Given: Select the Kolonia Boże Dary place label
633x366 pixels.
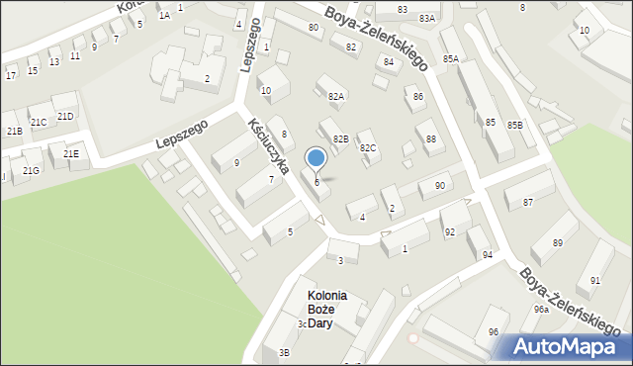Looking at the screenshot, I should [x=327, y=309].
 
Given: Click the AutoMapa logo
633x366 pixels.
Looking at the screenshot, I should [x=567, y=346].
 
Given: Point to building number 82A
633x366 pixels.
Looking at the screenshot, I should [x=336, y=96].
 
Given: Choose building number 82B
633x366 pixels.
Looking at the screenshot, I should [x=340, y=138].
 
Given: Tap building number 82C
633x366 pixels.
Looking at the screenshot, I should [x=368, y=147].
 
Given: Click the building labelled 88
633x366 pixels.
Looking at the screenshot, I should [x=430, y=139].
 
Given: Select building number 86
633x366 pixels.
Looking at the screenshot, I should [x=418, y=96].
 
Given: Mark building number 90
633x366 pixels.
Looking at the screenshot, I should [x=439, y=186].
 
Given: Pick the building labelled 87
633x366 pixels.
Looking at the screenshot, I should [x=528, y=202].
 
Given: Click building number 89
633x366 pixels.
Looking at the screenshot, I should [x=558, y=242].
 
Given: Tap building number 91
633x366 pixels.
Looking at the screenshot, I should [x=594, y=280].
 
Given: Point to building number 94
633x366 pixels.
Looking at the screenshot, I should [x=488, y=254].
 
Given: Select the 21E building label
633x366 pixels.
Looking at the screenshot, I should [x=71, y=154].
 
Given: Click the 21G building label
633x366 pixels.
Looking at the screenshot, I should [x=32, y=171].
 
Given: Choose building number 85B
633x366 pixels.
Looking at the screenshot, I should [x=514, y=126].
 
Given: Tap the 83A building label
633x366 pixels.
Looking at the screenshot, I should [x=426, y=18].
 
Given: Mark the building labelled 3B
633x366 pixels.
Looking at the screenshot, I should [x=285, y=352].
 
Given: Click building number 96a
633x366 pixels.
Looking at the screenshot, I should [x=541, y=309].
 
